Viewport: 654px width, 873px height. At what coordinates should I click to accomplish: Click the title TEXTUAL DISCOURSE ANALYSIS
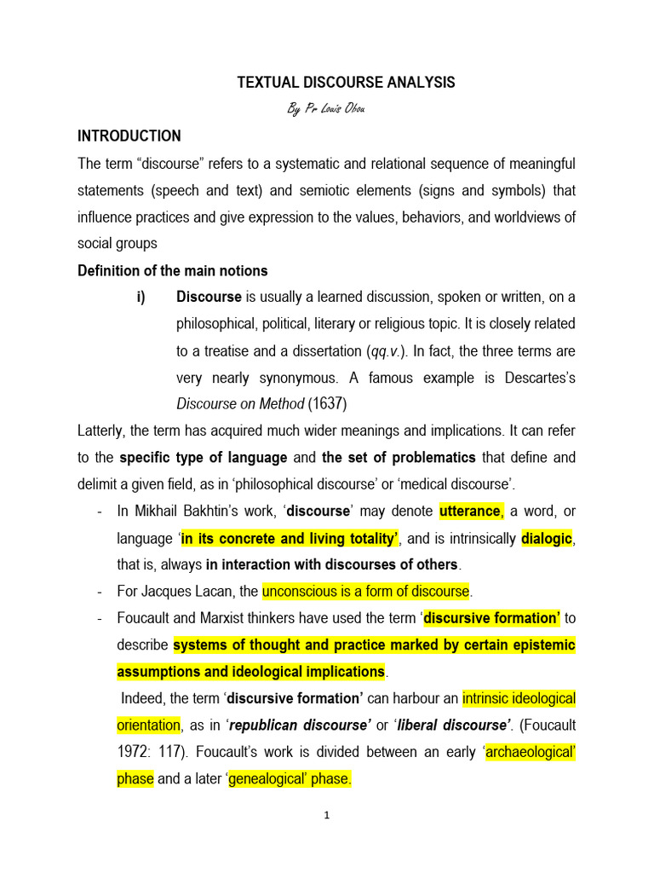click(345, 83)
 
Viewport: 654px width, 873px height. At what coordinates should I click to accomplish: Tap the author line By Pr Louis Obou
click(327, 109)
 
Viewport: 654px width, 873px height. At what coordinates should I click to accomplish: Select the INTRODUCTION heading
click(129, 136)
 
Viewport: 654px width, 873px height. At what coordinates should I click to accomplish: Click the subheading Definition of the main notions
click(173, 270)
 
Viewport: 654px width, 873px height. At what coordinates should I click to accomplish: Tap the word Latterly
click(105, 431)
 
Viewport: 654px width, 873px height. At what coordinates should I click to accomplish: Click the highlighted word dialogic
click(547, 538)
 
